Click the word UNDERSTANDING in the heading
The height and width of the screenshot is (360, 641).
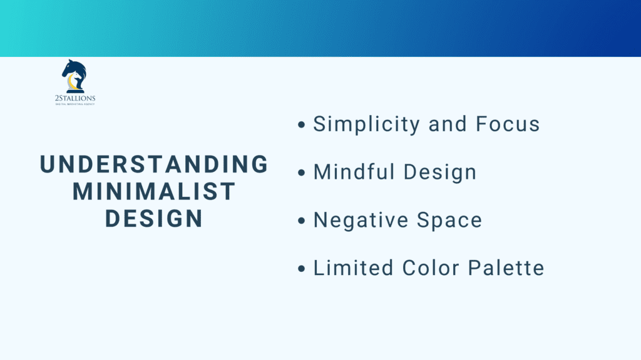coord(154,164)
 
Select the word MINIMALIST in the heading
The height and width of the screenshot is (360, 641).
coord(154,191)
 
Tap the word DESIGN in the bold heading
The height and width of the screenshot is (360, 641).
coord(154,218)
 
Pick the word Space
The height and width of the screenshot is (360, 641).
coord(451,220)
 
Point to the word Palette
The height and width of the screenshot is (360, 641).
coord(506,268)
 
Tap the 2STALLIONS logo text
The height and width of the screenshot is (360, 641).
coord(74,98)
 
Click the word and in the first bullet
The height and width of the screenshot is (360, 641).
coord(448,124)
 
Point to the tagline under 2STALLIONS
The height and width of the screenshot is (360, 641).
coord(74,104)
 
